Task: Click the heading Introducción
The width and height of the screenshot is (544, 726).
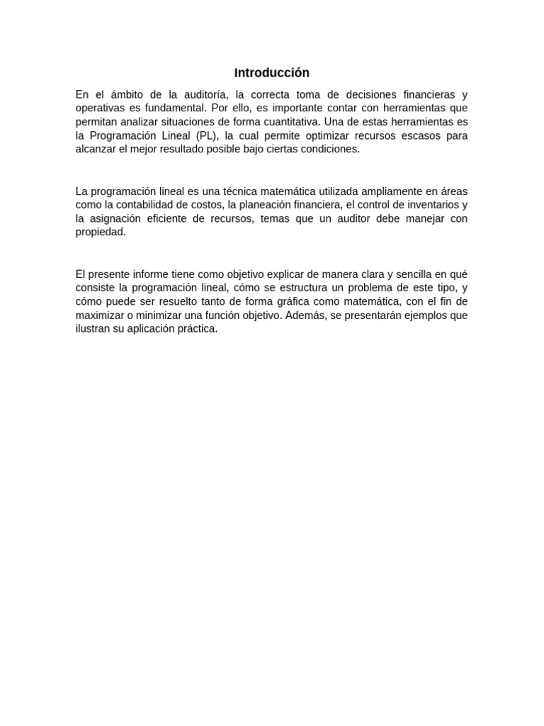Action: coord(272,73)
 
